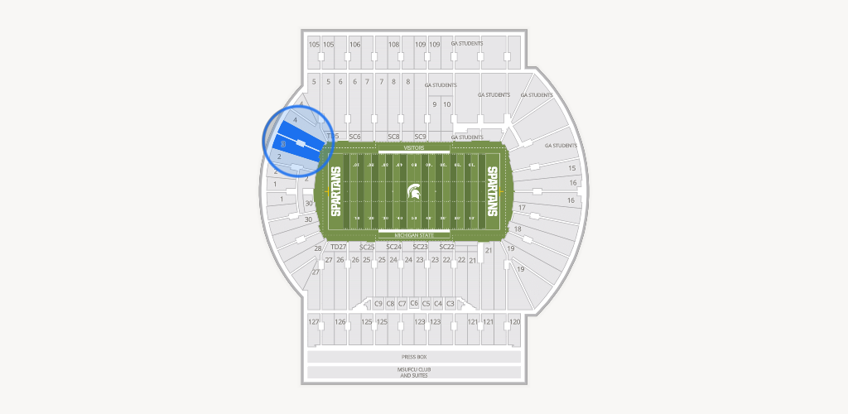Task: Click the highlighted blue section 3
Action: click(x=294, y=142)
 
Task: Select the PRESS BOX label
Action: click(x=413, y=357)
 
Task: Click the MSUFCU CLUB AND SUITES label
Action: click(x=413, y=373)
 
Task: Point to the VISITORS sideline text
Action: click(x=413, y=147)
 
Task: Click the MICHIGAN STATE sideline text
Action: click(x=413, y=236)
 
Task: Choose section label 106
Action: click(x=355, y=45)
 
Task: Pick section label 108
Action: click(x=394, y=45)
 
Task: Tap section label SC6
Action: click(x=354, y=137)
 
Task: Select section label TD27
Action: click(x=338, y=247)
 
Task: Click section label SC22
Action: click(x=446, y=247)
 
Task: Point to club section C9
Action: click(x=378, y=304)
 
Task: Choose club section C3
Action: click(x=450, y=304)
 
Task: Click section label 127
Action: click(x=314, y=321)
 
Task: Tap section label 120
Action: click(x=514, y=321)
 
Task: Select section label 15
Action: click(x=571, y=168)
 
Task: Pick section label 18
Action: click(x=518, y=229)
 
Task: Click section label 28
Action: click(x=317, y=248)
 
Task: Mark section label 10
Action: click(x=447, y=104)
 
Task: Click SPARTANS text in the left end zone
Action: click(x=336, y=192)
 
